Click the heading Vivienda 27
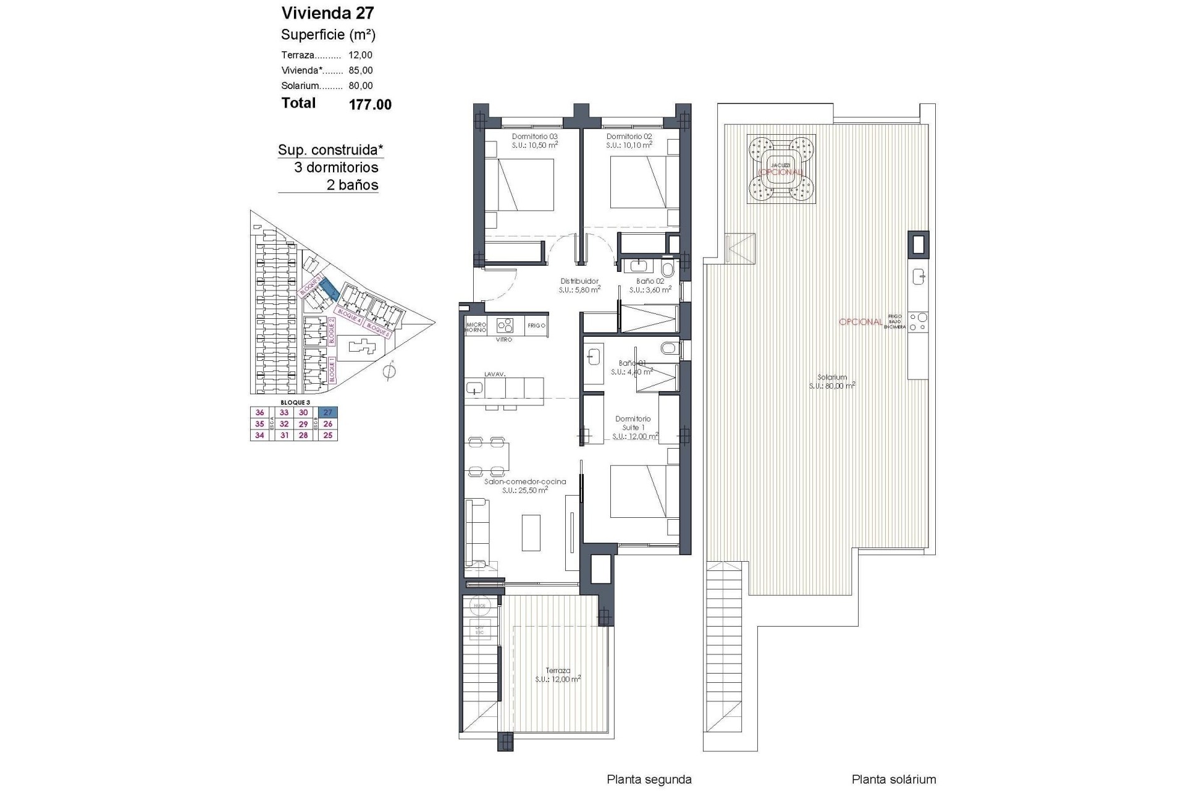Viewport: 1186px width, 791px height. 327,13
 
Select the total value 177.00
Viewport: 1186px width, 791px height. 370,105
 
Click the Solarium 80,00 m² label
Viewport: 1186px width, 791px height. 831,381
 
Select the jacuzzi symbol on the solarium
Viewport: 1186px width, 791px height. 781,169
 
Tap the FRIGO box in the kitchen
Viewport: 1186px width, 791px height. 536,326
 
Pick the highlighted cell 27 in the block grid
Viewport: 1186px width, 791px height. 328,413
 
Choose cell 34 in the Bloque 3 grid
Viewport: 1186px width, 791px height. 259,435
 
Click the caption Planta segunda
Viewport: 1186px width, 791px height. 649,780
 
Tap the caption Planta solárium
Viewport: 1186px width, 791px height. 893,780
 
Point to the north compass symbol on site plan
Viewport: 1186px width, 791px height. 389,372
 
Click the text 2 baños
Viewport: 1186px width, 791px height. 351,185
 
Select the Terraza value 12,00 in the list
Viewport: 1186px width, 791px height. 360,55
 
